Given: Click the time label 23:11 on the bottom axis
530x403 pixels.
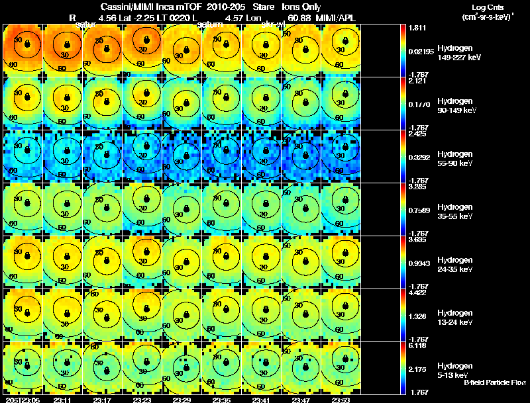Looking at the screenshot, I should (62, 400).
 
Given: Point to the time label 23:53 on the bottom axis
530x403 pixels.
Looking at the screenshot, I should (341, 400).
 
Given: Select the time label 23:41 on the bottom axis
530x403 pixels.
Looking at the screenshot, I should (261, 400).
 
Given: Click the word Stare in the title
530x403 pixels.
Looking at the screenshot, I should (254, 7).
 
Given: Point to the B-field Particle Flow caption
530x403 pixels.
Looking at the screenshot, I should (496, 382).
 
